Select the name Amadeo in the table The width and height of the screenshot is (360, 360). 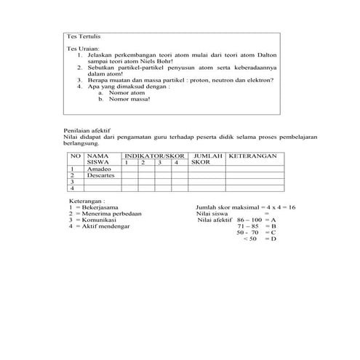point(97,168)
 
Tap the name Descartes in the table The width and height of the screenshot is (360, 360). point(100,175)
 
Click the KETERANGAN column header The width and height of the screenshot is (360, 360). point(253,156)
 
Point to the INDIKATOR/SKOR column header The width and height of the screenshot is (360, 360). point(152,156)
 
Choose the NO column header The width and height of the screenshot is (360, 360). point(75,156)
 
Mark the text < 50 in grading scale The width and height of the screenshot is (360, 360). point(251,239)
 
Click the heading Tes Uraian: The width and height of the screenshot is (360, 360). point(80,49)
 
